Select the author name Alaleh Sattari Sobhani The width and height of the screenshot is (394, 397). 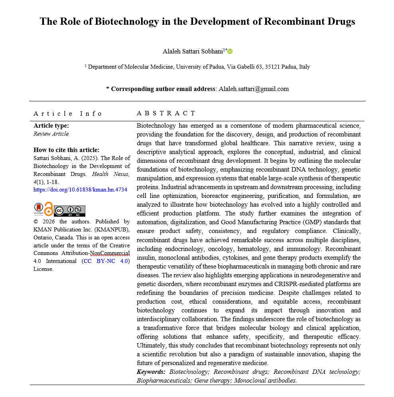click(193, 51)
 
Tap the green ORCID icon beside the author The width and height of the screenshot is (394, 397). click(230, 51)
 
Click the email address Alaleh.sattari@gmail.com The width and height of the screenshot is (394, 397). click(254, 89)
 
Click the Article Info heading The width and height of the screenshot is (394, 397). click(68, 114)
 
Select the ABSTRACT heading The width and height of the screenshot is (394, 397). click(166, 114)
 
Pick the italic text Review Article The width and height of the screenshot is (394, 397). click(51, 134)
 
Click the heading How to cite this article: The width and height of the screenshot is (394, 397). click(66, 150)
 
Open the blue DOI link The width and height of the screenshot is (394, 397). click(80, 190)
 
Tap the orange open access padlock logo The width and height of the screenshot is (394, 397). click(48, 209)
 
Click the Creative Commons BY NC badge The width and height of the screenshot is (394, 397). click(70, 210)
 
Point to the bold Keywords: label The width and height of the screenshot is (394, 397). click(151, 372)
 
